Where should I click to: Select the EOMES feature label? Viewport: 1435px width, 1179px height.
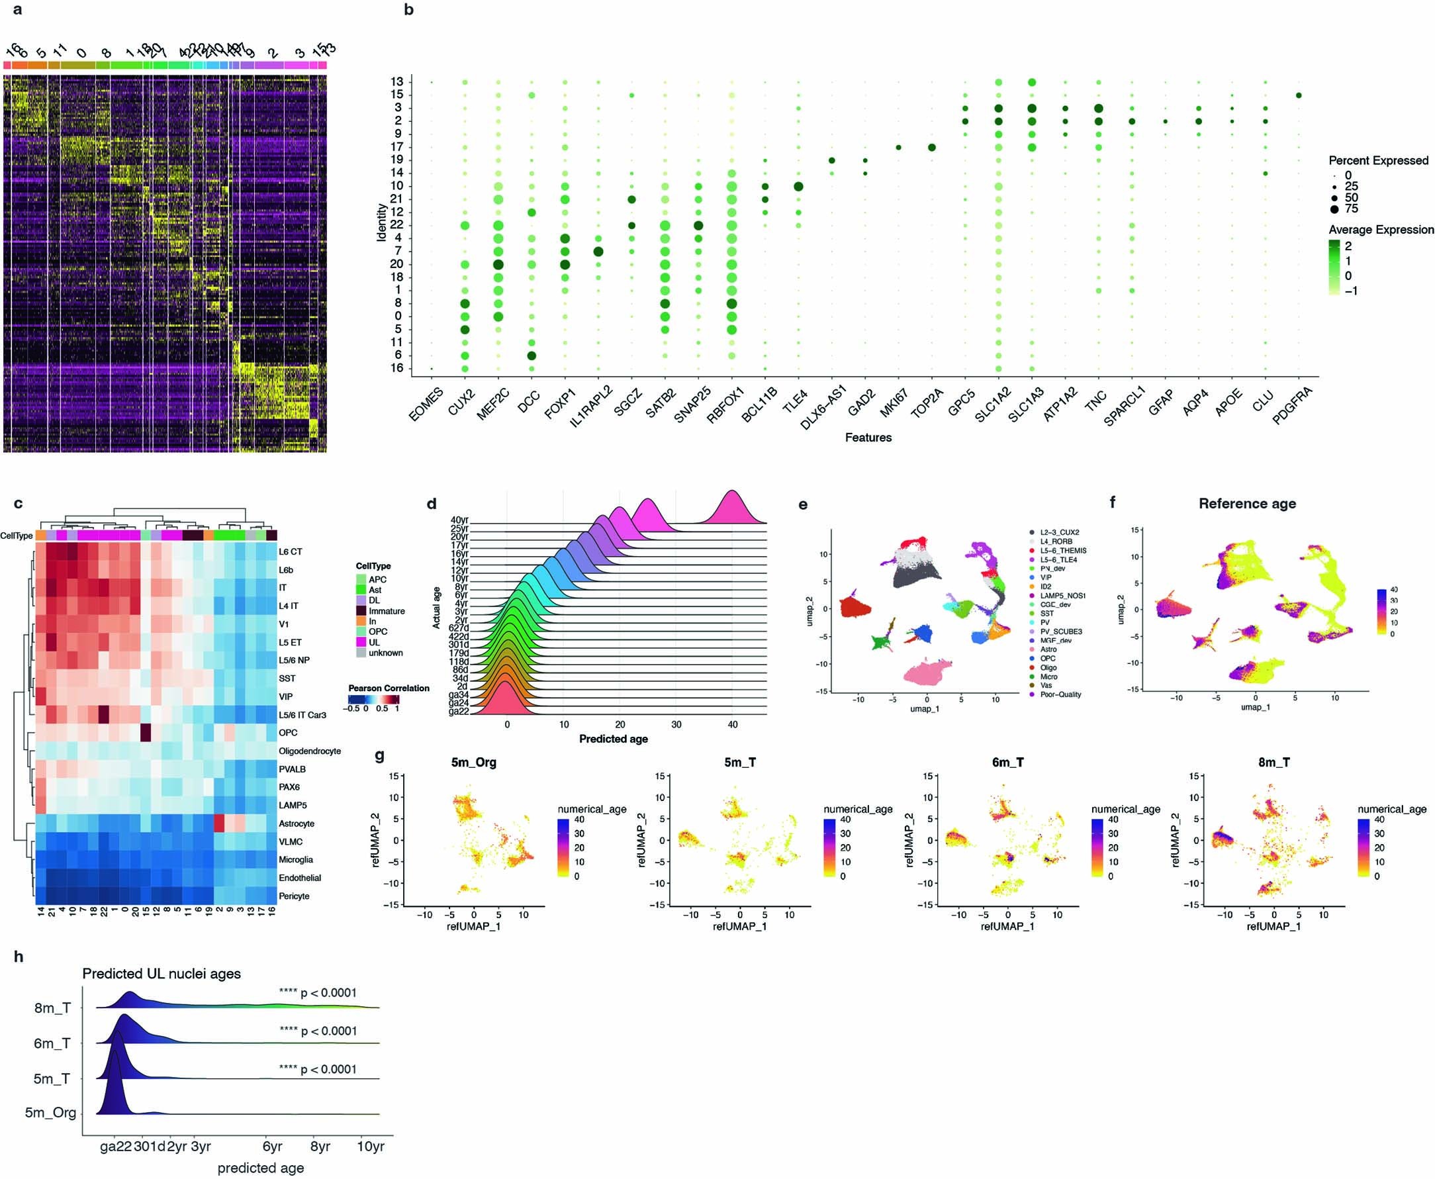point(426,403)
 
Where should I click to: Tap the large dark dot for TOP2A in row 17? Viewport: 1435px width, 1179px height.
point(932,148)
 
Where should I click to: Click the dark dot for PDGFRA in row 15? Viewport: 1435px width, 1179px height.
point(1298,95)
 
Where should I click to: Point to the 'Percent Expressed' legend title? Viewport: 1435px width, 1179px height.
point(1378,161)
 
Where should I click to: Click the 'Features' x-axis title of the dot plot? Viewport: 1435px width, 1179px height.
point(867,438)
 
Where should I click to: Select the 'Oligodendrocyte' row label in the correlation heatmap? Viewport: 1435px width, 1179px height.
point(310,751)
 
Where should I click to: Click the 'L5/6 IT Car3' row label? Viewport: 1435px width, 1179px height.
point(303,715)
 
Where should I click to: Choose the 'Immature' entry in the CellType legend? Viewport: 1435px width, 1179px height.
point(387,611)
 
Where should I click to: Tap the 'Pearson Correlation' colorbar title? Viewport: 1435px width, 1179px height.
point(389,688)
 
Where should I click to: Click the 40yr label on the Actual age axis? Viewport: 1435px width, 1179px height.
point(459,521)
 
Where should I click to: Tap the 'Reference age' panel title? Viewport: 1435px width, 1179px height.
point(1247,504)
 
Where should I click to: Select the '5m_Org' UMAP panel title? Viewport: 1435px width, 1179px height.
point(473,763)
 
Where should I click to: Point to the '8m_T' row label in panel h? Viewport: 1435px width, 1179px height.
point(52,1008)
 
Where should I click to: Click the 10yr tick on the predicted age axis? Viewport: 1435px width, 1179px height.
point(370,1147)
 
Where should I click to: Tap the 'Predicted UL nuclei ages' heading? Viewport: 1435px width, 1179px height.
point(162,974)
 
